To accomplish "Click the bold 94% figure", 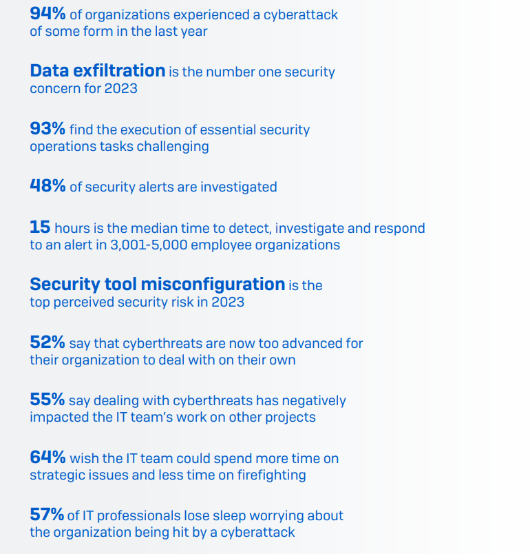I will pos(47,13).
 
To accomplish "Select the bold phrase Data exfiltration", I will pos(97,70).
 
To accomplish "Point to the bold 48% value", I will pos(47,186).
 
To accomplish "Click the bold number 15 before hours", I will pos(39,227).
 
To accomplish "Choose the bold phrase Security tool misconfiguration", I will pos(157,284).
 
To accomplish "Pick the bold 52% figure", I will pos(47,342).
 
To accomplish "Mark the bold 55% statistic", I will pos(47,400).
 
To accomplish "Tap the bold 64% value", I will pos(47,458).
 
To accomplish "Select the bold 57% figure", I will pos(47,515).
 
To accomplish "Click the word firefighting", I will pos(271,475).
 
